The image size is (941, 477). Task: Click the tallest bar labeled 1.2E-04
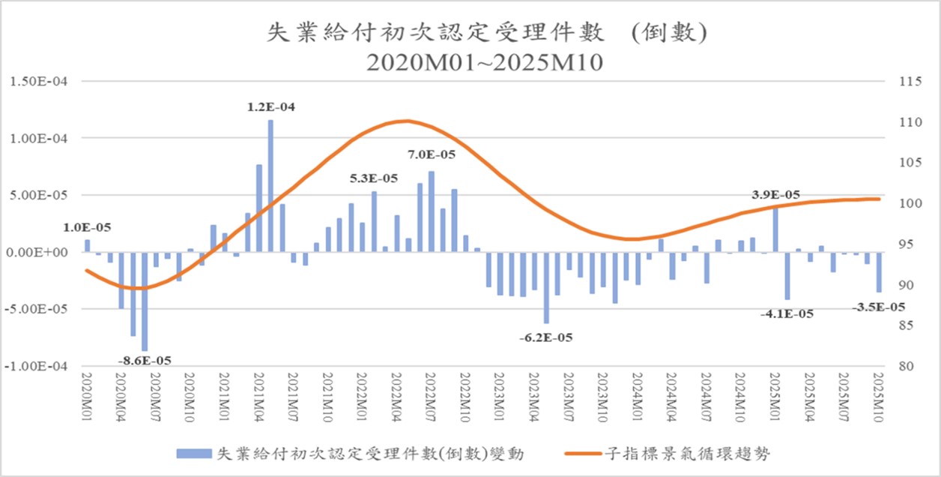point(270,186)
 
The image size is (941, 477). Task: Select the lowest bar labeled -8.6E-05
point(145,301)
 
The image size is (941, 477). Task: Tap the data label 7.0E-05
point(432,155)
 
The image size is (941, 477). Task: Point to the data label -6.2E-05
point(545,337)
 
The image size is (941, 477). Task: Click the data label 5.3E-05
point(374,178)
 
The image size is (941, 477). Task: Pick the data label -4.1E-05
point(787,314)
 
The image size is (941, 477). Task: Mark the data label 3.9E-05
point(775,195)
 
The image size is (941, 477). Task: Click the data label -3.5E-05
point(878,307)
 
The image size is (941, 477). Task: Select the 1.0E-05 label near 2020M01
point(87,228)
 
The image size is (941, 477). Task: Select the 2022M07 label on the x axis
point(431,398)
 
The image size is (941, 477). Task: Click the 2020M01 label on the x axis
point(87,398)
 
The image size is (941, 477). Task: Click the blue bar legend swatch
point(195,454)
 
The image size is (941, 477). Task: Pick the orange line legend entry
point(667,454)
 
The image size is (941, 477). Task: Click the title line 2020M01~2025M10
point(485,63)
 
